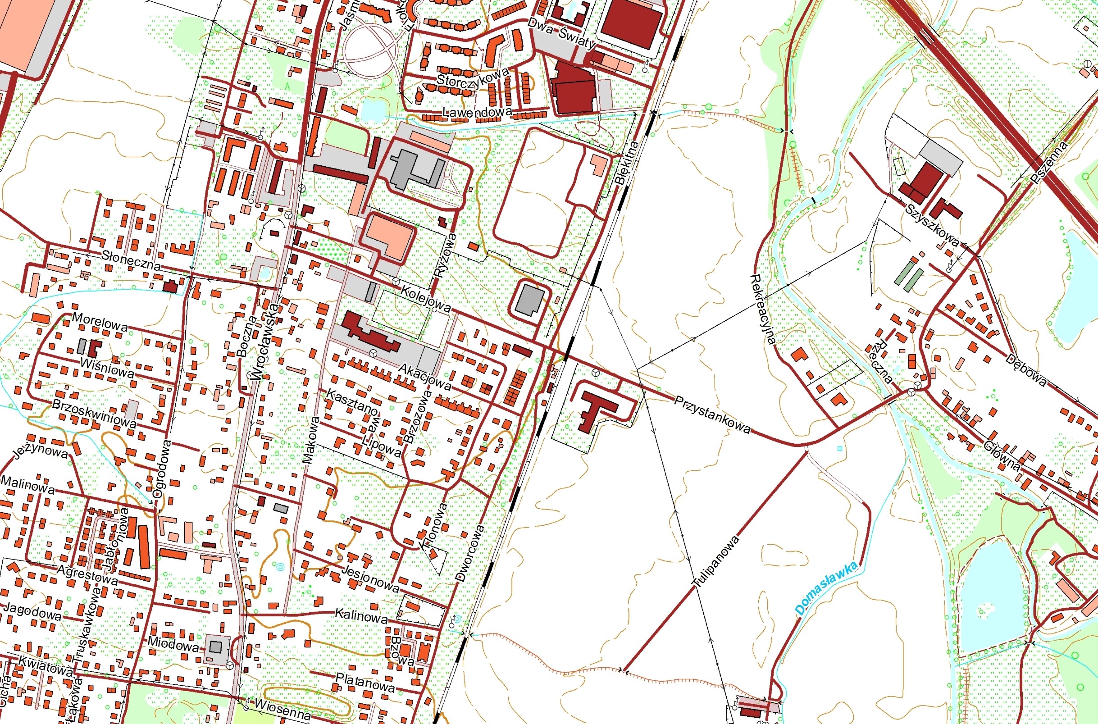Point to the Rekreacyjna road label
(762, 310)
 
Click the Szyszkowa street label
(932, 225)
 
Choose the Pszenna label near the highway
(1049, 163)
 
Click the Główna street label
(1002, 455)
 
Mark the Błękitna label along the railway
(627, 163)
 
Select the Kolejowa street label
(425, 299)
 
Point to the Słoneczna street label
(132, 261)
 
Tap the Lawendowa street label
(477, 112)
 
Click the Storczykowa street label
(472, 77)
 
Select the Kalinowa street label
(360, 615)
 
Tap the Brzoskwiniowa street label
(94, 413)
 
